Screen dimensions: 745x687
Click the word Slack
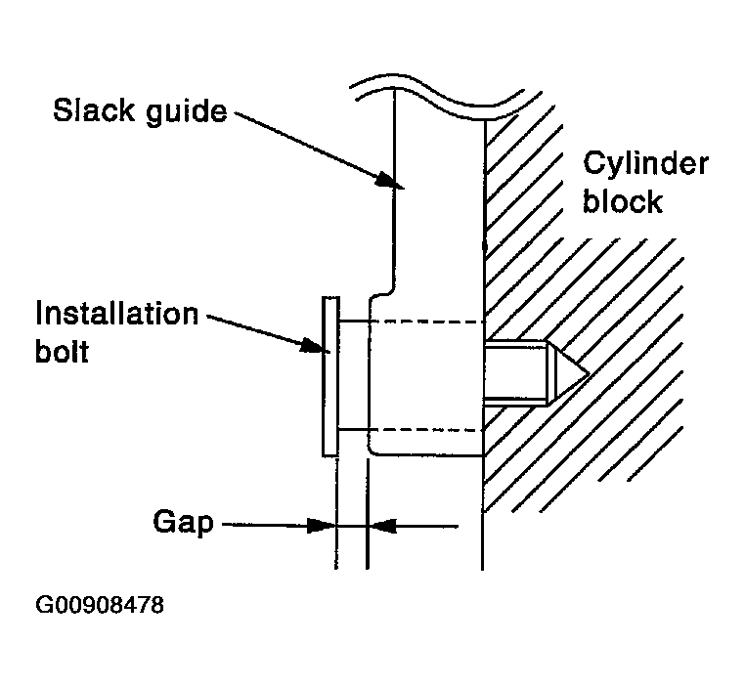click(x=94, y=110)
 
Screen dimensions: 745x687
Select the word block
click(x=623, y=201)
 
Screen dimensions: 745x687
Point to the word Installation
click(x=117, y=314)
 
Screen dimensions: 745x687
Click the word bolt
click(x=63, y=352)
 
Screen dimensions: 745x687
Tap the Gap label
click(x=183, y=523)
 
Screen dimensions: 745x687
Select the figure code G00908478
click(x=100, y=605)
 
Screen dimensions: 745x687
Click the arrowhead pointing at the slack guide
click(x=389, y=182)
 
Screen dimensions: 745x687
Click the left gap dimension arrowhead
click(x=322, y=526)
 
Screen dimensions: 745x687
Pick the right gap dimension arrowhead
click(x=382, y=526)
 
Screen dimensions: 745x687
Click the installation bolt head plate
click(x=330, y=376)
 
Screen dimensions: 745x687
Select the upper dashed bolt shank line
click(x=411, y=322)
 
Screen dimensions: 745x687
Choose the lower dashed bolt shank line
click(x=411, y=430)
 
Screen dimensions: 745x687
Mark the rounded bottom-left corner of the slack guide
click(x=372, y=451)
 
